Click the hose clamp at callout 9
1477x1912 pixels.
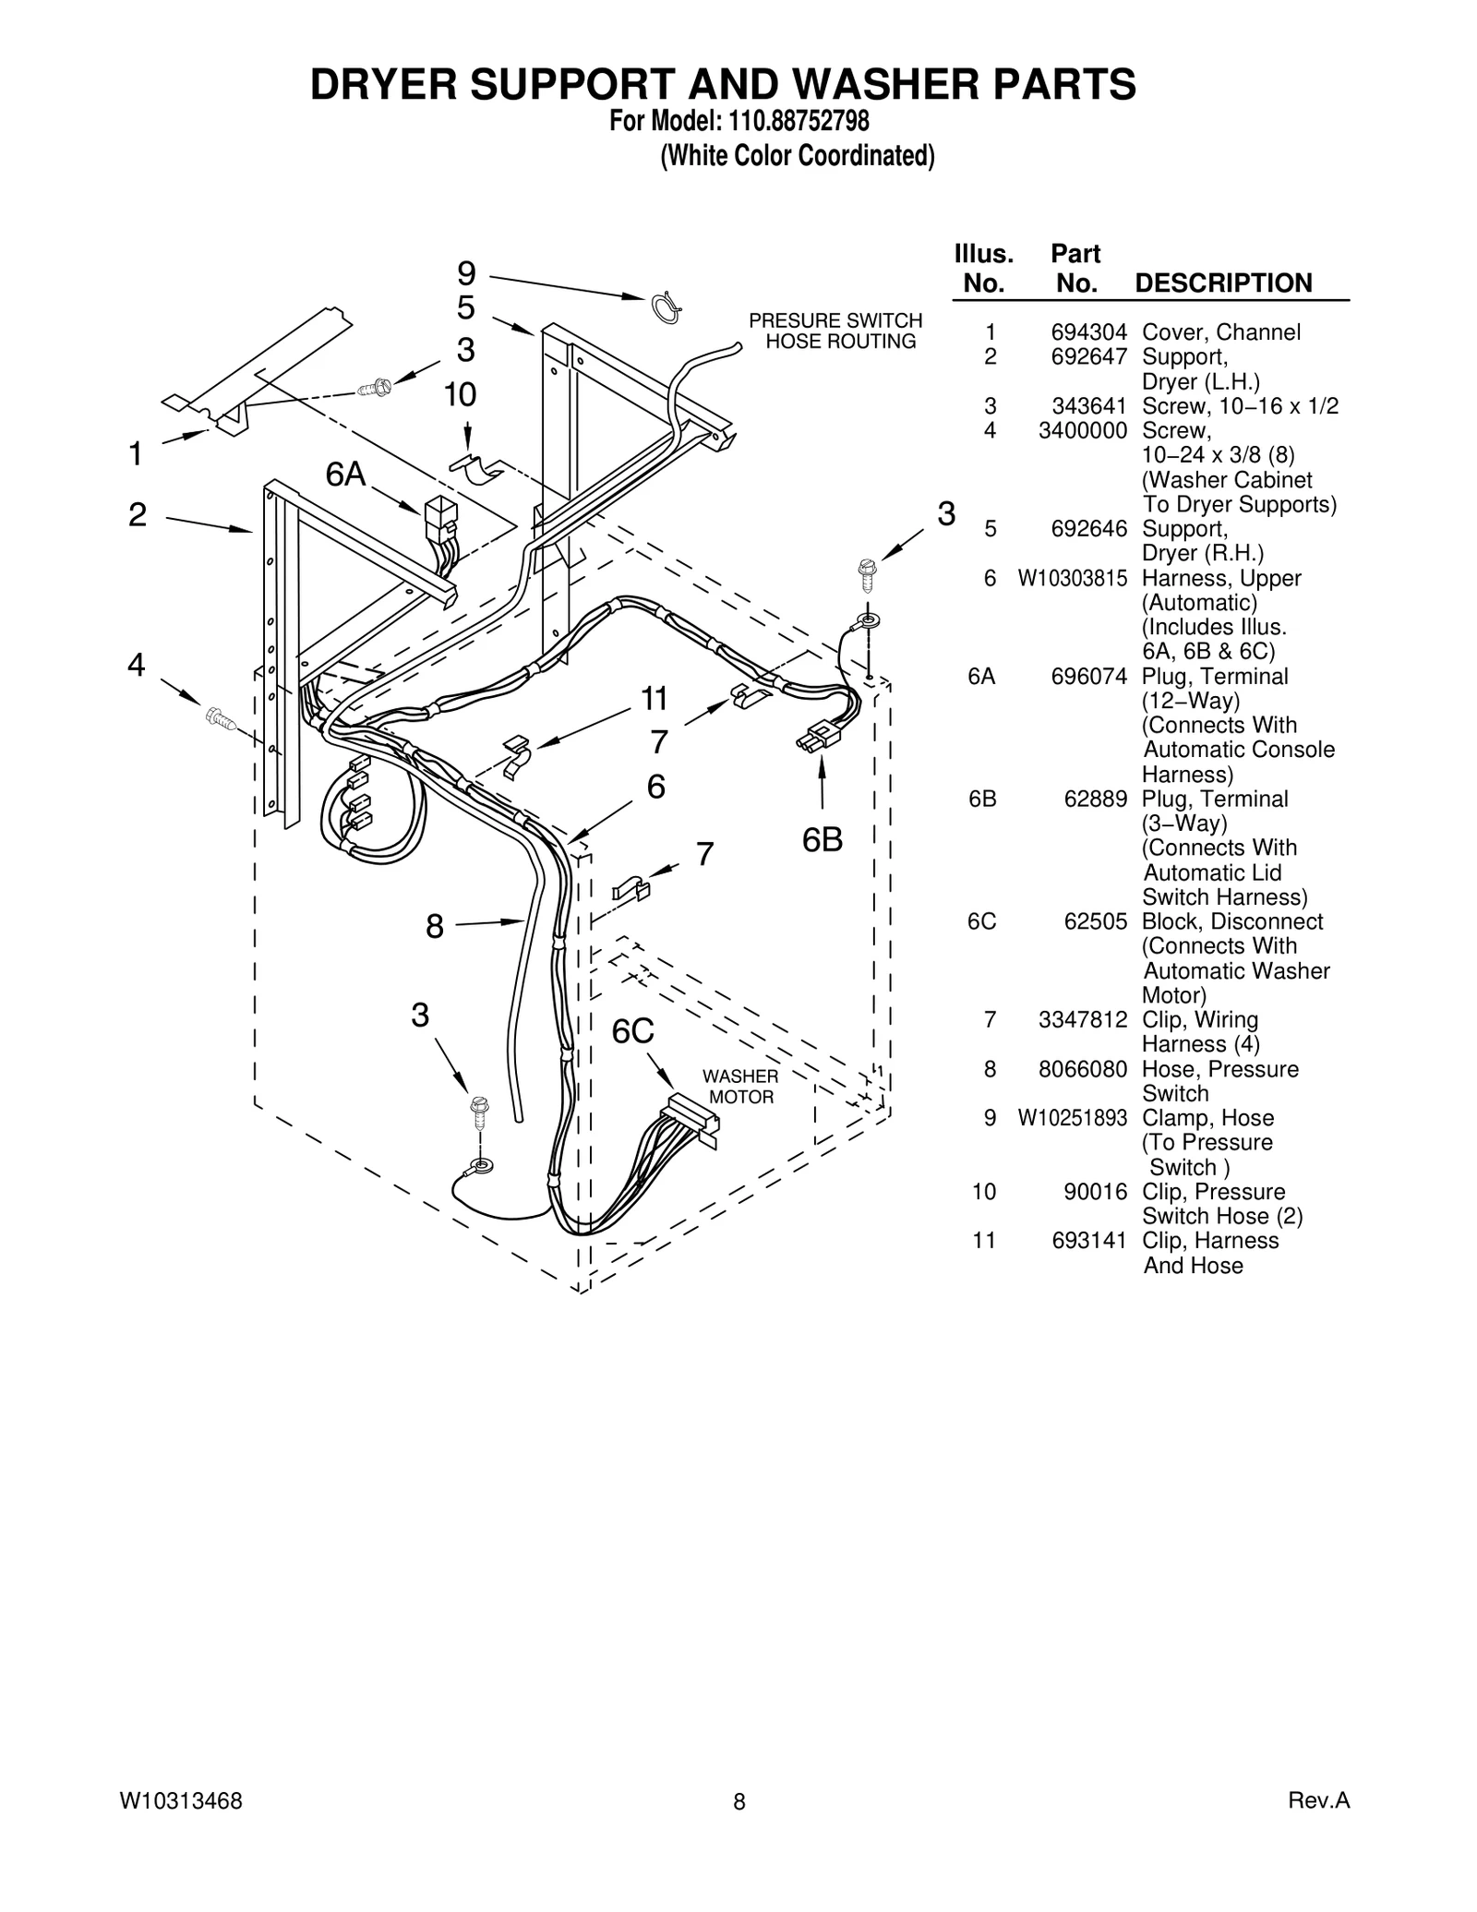666,307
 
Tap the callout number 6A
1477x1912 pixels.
345,475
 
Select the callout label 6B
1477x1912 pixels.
822,840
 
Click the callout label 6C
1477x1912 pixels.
633,1031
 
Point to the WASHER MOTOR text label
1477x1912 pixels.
740,1087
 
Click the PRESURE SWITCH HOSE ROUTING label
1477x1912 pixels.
835,331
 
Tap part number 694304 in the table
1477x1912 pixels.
1089,332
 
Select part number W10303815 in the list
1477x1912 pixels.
1073,579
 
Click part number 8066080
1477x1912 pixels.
1083,1069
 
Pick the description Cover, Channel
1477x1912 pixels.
1220,332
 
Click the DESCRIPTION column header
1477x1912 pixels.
1223,283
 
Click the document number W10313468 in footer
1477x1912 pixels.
181,1800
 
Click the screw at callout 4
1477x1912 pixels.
221,715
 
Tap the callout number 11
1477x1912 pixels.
654,700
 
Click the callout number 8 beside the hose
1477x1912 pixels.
435,926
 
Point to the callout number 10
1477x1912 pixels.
460,395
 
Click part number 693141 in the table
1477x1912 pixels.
1089,1241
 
